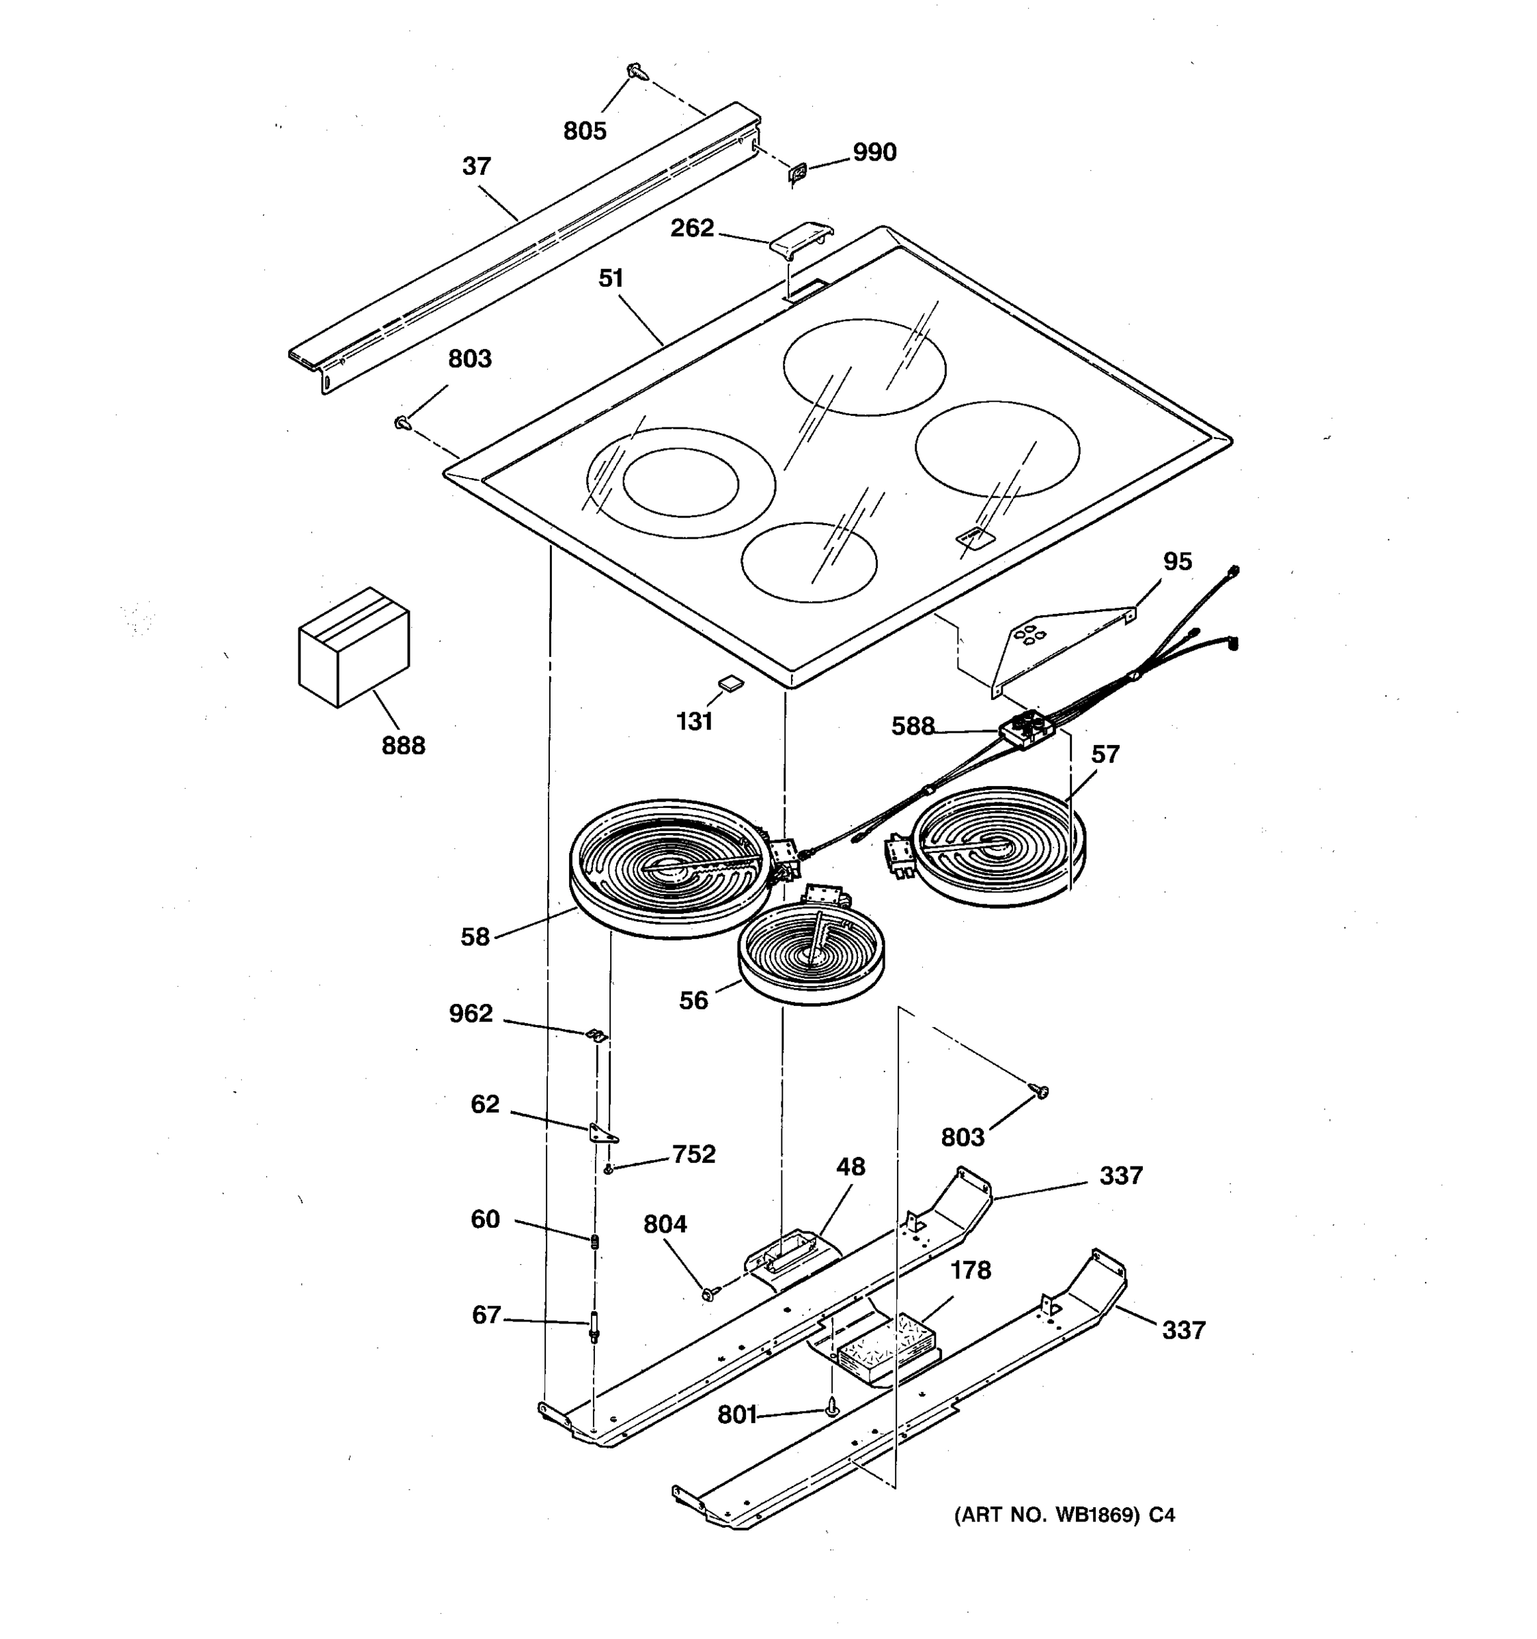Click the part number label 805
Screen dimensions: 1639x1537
click(585, 130)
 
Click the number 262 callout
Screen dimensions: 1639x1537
click(692, 227)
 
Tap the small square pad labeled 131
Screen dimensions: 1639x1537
click(730, 682)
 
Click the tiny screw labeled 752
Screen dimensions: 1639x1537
click(609, 1169)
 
